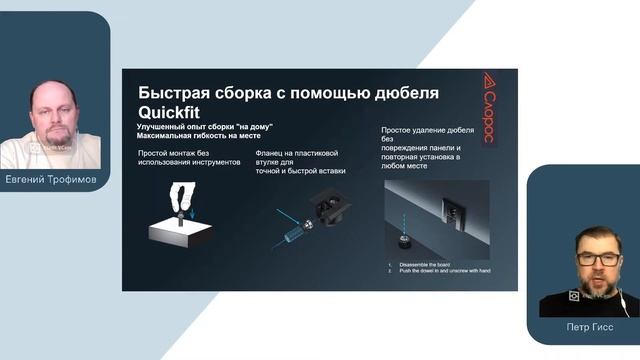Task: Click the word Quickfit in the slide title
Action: coord(171,113)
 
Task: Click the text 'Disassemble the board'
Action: coord(427,265)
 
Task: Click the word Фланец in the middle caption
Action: coord(272,153)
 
